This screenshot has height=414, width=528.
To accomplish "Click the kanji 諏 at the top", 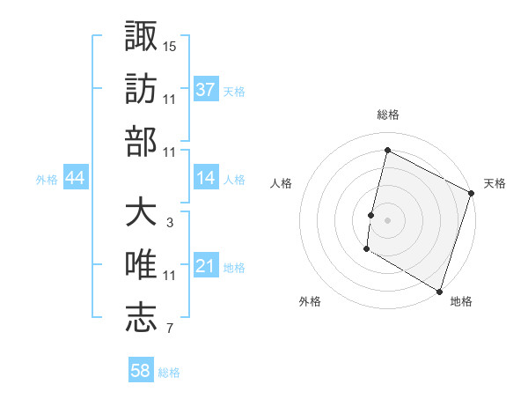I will pos(141,36).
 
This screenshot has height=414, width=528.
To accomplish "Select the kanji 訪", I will pos(141,89).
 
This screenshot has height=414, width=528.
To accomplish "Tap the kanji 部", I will pos(141,142).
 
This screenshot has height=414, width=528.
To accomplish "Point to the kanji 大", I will pos(141,212).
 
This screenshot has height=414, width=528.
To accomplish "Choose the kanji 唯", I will pos(141,265).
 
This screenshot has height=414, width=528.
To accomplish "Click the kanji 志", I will pos(141,318).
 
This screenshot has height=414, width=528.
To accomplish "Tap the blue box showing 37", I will pos(206,89).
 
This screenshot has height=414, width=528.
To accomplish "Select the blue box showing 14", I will pos(206,178).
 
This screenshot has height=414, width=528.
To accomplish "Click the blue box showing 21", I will pos(206,266).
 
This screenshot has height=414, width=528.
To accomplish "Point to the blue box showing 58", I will pos(141,371).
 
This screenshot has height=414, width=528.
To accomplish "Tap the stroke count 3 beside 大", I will pos(170,223).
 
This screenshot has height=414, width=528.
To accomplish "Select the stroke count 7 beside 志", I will pos(170,329).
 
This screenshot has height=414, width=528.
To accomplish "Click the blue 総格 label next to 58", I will pos(170,373).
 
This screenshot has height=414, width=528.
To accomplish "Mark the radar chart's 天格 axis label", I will pos(495,183).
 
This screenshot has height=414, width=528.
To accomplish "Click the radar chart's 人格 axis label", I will pos(282,183).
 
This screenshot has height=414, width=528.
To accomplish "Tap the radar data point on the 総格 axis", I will pos(387,150).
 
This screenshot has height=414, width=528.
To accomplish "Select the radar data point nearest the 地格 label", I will pos(438,291).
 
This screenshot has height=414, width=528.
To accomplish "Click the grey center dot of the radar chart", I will pos(387,220).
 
